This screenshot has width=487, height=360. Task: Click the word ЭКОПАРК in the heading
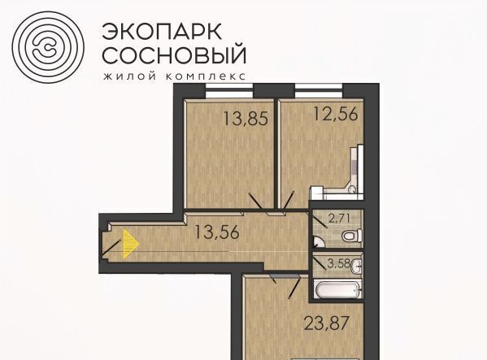point(162,32)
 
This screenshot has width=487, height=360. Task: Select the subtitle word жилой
point(130,76)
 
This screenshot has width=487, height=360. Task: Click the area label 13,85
point(246,119)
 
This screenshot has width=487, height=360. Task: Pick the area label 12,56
point(336,114)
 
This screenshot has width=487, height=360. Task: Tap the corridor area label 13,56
point(217,232)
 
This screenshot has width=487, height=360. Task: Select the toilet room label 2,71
point(339,219)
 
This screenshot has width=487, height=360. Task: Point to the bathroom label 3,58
point(338,264)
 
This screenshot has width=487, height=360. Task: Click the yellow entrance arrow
point(131,244)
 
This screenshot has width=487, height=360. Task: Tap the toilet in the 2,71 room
point(352,235)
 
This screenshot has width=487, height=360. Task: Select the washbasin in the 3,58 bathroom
point(357,267)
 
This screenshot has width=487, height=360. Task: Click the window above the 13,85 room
point(229,91)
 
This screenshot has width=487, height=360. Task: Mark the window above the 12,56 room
point(319,91)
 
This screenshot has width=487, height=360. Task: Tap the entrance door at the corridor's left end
point(111,249)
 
